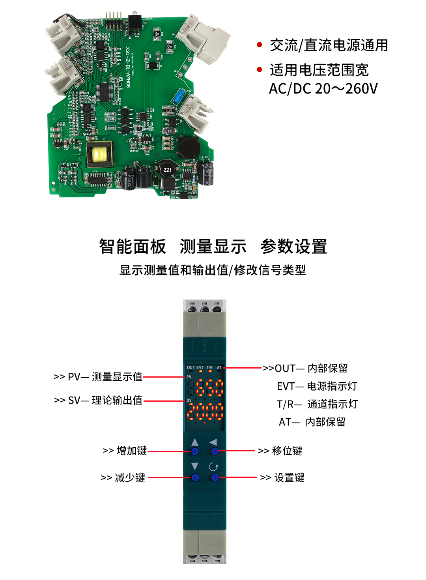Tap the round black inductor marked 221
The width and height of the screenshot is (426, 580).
(167, 170)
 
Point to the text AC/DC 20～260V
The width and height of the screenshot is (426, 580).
(323, 89)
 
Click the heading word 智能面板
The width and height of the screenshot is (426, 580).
(133, 247)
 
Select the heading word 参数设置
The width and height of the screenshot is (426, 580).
(293, 247)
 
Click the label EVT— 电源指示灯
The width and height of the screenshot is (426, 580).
(317, 386)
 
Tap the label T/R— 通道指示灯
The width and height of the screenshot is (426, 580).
(317, 404)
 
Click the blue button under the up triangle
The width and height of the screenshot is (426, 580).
(195, 451)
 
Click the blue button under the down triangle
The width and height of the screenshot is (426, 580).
(195, 478)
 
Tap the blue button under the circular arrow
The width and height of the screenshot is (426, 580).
(215, 478)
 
